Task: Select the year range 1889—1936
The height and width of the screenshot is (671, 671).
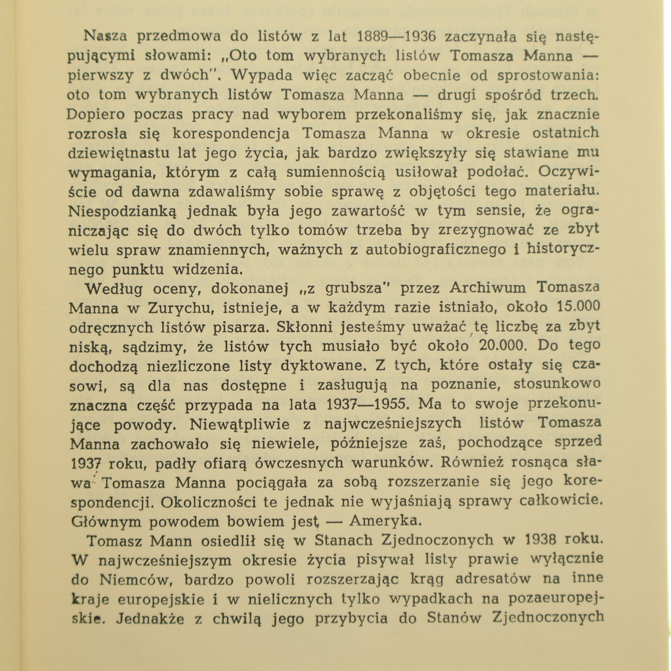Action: (396, 36)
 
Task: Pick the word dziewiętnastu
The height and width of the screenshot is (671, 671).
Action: (119, 153)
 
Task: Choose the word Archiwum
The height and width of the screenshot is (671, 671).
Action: (488, 288)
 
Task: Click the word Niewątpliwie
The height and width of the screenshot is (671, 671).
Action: (241, 424)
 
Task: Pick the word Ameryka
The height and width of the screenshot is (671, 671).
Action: (385, 521)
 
